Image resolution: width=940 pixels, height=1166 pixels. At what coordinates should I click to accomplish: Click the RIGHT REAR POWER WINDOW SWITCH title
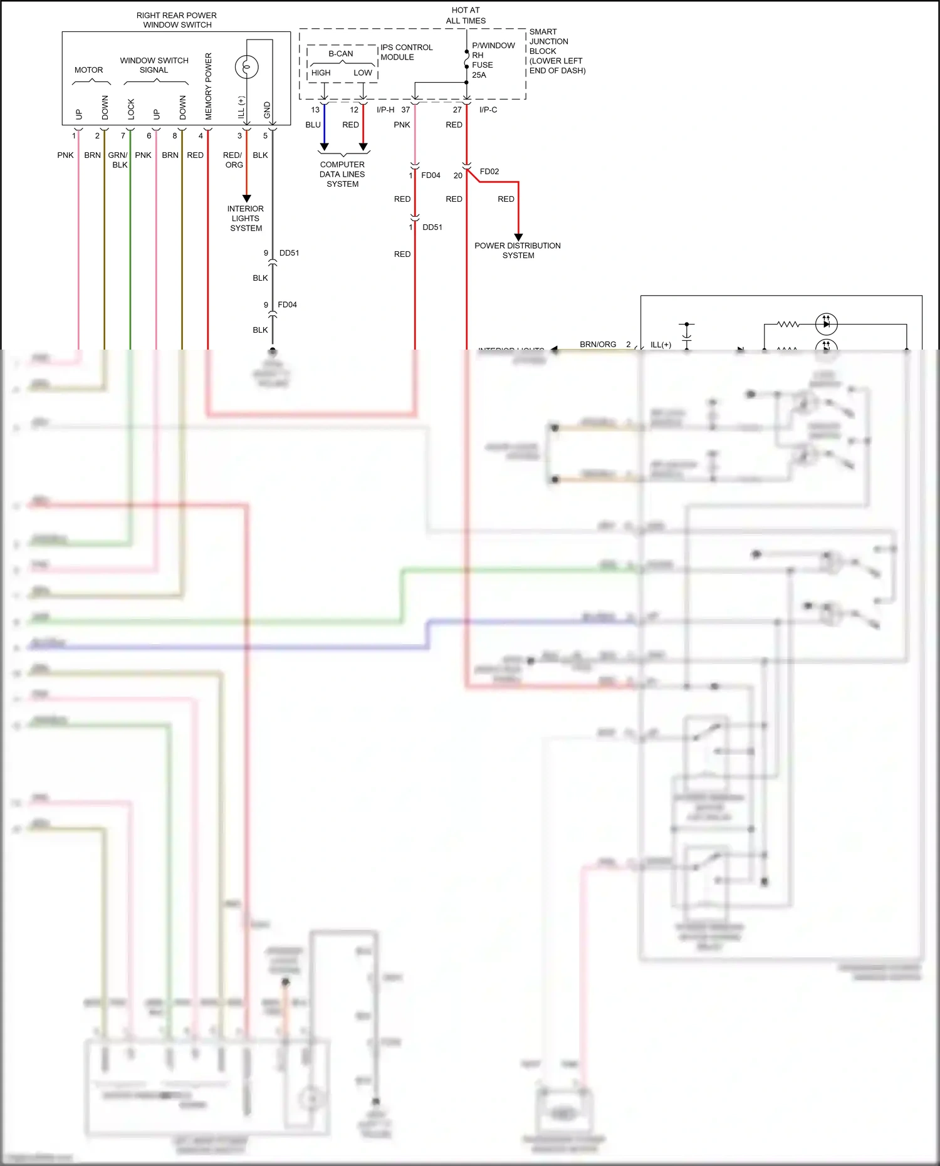pos(177,20)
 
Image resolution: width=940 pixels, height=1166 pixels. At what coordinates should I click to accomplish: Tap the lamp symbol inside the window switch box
pos(246,66)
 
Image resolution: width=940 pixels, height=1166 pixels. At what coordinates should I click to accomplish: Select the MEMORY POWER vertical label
pos(209,86)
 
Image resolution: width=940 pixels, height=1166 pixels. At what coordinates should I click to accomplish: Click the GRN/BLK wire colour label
pos(118,160)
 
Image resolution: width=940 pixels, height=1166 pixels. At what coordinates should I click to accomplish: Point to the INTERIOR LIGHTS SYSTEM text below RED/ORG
pos(246,219)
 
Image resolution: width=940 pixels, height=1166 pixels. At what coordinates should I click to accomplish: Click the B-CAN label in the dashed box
pos(341,54)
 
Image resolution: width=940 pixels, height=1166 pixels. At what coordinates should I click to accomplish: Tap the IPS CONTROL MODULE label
pos(406,52)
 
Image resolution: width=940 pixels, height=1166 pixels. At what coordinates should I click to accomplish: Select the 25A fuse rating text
pos(479,75)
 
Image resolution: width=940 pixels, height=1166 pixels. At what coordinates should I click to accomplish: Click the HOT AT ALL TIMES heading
pos(466,16)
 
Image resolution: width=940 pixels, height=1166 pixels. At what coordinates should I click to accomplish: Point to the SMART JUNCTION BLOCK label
pos(556,51)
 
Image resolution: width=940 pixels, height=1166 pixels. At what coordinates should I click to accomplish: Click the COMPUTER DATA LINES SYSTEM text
pos(342,174)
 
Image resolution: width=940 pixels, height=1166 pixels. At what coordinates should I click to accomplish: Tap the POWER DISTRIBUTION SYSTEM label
pos(518,251)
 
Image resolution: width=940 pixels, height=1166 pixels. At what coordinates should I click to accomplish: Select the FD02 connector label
pos(489,172)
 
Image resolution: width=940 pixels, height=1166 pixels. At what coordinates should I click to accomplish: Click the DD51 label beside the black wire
pos(289,253)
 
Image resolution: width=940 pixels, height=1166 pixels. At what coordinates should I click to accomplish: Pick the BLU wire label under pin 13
pos(313,125)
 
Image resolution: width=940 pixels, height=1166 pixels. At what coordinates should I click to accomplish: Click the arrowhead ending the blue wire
pos(324,147)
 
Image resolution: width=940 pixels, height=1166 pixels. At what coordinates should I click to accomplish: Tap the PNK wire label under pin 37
pos(402,125)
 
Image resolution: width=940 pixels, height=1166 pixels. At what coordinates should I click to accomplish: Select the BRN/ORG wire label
pos(598,345)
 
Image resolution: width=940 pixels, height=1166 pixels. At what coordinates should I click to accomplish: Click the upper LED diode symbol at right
pos(826,324)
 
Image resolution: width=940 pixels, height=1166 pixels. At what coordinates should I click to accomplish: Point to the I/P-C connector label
pos(488,110)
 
